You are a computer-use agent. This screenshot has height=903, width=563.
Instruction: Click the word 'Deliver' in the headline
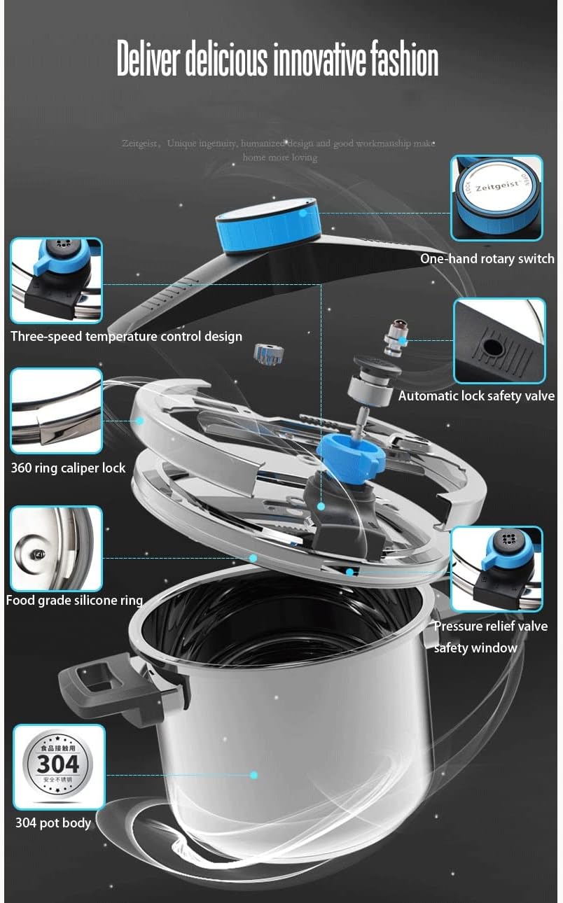[x=148, y=60]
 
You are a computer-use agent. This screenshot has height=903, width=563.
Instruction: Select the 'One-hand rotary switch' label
[x=487, y=259]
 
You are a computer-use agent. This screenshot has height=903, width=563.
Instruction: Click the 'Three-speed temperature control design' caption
[x=126, y=337]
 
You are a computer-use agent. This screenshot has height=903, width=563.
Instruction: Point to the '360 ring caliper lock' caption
[x=68, y=468]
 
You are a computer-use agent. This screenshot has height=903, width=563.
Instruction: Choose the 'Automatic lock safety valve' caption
[x=476, y=396]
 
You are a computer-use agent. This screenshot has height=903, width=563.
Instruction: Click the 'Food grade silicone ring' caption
[x=74, y=600]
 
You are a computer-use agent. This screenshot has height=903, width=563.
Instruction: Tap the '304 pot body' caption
[x=53, y=822]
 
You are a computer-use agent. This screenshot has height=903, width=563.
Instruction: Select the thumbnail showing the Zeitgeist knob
[x=496, y=198]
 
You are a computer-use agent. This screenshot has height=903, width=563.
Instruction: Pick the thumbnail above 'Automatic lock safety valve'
[x=499, y=341]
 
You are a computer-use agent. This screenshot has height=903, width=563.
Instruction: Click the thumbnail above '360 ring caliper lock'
[x=56, y=411]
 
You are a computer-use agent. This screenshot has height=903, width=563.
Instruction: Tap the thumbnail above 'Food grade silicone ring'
[x=56, y=549]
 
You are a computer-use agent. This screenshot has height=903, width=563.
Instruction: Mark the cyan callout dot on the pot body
[x=253, y=775]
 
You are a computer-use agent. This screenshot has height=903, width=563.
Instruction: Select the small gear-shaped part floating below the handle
[x=269, y=353]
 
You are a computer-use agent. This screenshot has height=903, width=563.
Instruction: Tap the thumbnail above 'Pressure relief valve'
[x=496, y=569]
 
